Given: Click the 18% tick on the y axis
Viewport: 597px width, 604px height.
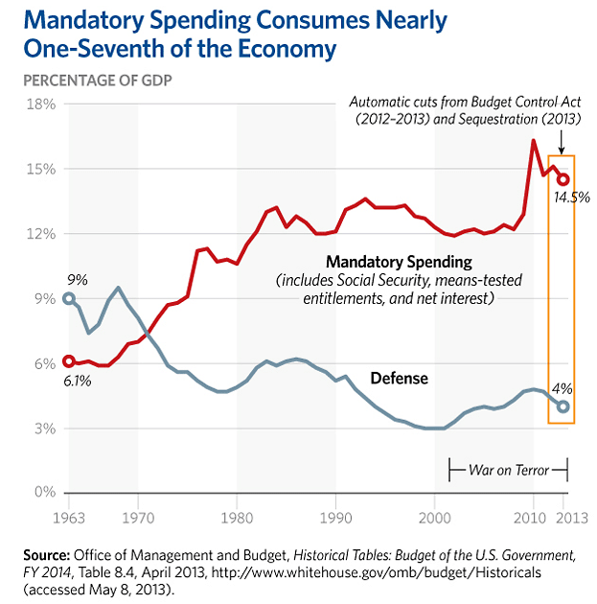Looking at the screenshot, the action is tap(41, 104).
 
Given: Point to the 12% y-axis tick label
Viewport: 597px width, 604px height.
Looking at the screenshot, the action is tap(41, 233).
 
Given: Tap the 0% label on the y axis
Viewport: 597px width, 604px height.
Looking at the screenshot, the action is tap(45, 492).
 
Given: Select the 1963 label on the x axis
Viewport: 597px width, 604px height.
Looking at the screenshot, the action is tap(68, 518).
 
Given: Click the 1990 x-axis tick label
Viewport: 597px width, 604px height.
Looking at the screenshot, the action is tap(335, 518).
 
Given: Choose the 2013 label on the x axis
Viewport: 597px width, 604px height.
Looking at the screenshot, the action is tap(572, 518).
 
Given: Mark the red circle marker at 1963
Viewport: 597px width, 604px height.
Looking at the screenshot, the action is tap(69, 361).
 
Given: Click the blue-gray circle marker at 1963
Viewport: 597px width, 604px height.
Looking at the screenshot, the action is tap(69, 298).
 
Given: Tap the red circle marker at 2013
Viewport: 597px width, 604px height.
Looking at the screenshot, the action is tap(563, 179).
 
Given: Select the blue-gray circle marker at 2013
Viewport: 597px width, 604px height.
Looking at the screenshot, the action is tap(563, 407).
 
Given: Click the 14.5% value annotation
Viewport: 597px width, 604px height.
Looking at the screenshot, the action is tap(571, 197).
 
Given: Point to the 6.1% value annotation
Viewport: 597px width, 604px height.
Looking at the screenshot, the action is tap(78, 381).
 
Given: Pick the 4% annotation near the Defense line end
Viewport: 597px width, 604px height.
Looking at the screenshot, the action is tap(562, 388).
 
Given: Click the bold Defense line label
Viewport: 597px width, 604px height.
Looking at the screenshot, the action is tap(400, 379).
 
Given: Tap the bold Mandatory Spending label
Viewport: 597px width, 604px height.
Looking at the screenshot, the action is tap(399, 262).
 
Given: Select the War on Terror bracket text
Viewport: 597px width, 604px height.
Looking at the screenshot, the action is tap(509, 470).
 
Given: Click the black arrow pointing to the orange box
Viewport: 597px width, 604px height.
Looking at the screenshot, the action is tap(562, 143).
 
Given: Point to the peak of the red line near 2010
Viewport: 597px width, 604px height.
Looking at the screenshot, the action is tap(534, 140).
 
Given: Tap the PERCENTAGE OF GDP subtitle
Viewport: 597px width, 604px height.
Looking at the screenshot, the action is tap(98, 81).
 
